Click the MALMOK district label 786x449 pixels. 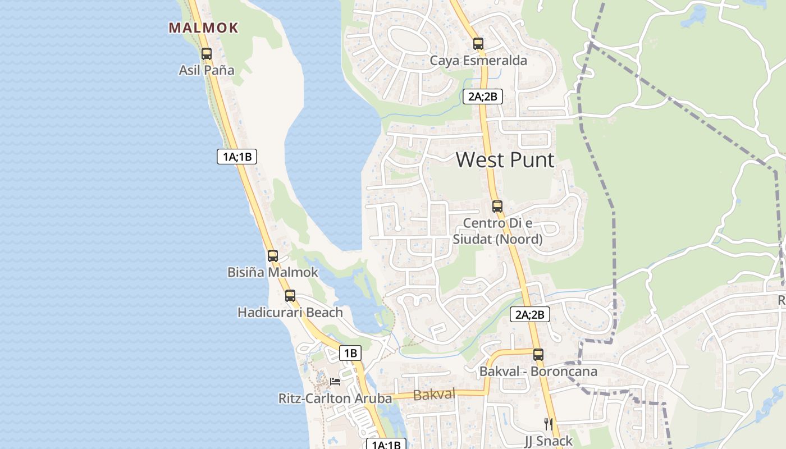click(x=203, y=28)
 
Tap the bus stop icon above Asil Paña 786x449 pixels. click(x=207, y=54)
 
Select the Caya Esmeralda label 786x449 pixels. click(x=478, y=61)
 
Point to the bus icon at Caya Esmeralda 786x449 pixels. click(x=478, y=43)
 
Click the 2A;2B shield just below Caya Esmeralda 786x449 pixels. click(x=483, y=97)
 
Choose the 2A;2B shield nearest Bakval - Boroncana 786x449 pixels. click(x=530, y=314)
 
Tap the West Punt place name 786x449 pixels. click(x=505, y=160)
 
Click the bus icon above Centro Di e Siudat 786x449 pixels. click(x=497, y=206)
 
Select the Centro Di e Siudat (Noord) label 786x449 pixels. click(x=498, y=231)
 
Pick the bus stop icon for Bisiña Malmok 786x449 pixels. click(x=273, y=256)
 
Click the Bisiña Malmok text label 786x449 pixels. click(x=272, y=272)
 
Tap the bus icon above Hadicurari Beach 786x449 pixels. click(x=290, y=295)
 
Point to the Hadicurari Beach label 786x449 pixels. click(x=290, y=312)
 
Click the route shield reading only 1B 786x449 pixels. click(x=350, y=353)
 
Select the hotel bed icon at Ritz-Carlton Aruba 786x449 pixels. click(x=335, y=381)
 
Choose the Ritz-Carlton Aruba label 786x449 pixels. click(x=335, y=398)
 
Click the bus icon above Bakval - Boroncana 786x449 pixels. click(x=538, y=354)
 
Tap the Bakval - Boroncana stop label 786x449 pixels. click(x=538, y=372)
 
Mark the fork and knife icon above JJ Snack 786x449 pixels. click(x=549, y=424)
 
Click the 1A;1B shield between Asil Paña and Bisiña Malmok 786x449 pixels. click(x=237, y=157)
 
